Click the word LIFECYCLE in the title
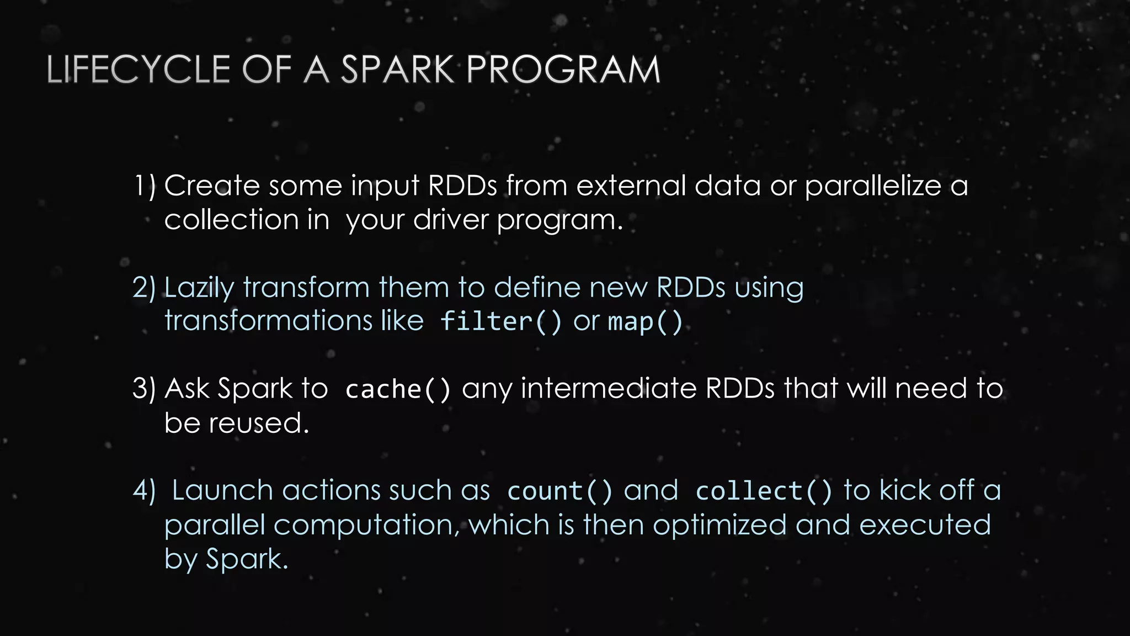(x=138, y=70)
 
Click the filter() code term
(x=500, y=321)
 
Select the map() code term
(x=645, y=321)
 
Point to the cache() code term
(x=398, y=389)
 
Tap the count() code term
(x=559, y=491)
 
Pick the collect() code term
(x=764, y=491)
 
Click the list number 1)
(x=145, y=185)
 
